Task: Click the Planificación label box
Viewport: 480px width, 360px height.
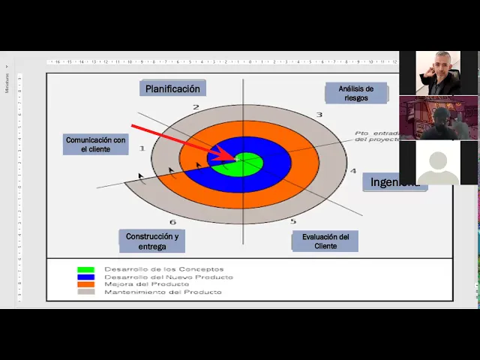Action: tap(172, 88)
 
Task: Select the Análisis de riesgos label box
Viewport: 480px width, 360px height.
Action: tap(355, 93)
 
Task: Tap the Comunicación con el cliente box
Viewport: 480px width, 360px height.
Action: tap(95, 144)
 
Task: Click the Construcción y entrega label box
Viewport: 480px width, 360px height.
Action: tap(152, 241)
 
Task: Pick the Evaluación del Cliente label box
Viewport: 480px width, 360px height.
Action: tap(325, 241)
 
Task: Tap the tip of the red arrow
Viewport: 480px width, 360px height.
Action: tap(235, 159)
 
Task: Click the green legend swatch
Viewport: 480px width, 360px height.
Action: tap(86, 269)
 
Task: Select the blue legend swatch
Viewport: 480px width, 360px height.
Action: tap(86, 277)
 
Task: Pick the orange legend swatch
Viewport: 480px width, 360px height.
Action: tap(86, 284)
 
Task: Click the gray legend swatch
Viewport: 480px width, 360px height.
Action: tap(86, 292)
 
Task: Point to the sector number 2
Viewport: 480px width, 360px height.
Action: tap(196, 108)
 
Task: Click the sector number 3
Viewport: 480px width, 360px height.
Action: tap(319, 115)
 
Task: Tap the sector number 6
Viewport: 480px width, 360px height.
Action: tap(172, 222)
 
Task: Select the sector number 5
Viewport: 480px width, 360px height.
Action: tap(293, 220)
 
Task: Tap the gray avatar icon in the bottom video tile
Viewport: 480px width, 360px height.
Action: tap(438, 165)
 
